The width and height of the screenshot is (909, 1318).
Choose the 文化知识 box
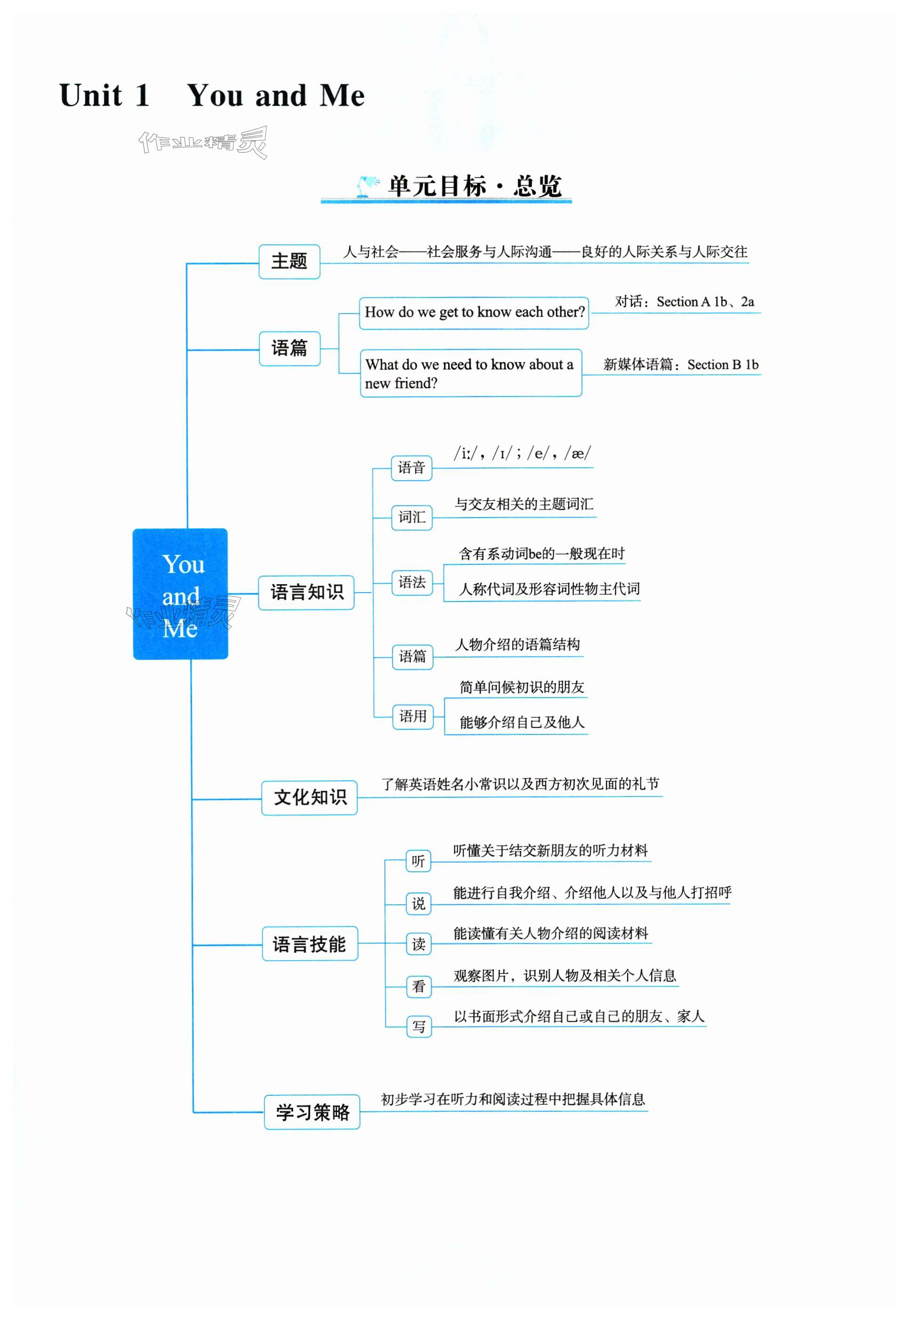tap(309, 797)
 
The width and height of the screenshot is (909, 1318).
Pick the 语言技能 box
tap(309, 944)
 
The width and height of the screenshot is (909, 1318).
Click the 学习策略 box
tap(312, 1112)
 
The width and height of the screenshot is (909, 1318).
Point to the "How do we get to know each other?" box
tap(474, 313)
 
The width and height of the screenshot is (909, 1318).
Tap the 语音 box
tap(411, 468)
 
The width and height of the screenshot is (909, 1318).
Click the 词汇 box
tap(412, 517)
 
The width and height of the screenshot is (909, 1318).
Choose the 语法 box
tap(412, 582)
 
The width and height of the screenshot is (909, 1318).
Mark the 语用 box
tap(412, 716)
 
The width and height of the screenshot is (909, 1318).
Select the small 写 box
tap(418, 1026)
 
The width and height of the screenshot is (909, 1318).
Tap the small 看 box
tap(418, 986)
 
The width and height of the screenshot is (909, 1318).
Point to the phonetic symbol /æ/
tap(578, 453)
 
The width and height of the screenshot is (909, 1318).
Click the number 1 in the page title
tap(142, 95)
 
